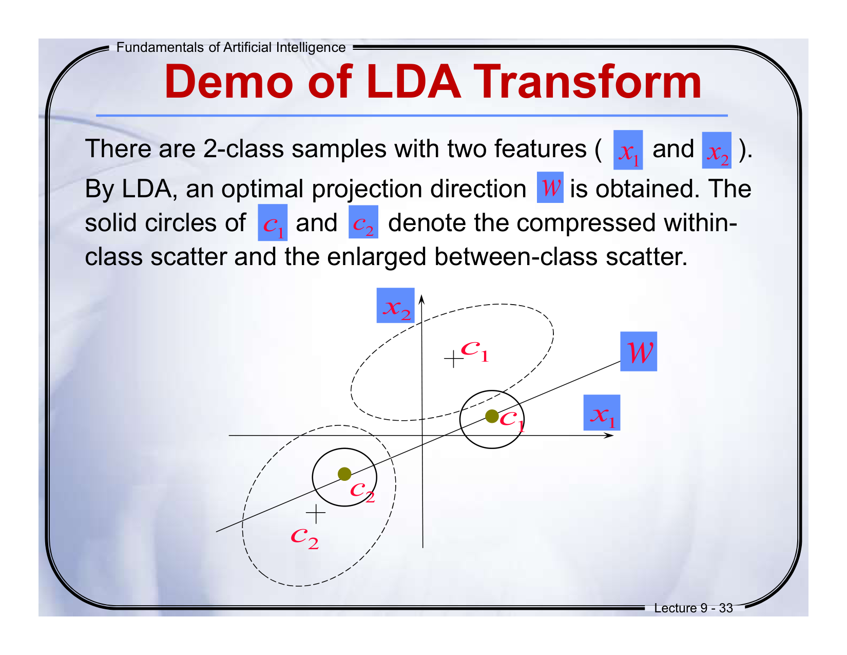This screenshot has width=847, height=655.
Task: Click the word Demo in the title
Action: click(x=229, y=82)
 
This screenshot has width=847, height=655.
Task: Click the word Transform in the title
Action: click(x=587, y=82)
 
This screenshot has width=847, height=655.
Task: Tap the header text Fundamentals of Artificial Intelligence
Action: click(x=231, y=47)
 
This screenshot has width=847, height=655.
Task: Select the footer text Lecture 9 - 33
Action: click(x=693, y=608)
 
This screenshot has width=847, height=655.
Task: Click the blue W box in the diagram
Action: click(x=639, y=351)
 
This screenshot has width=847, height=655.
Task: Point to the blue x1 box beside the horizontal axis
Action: click(x=602, y=413)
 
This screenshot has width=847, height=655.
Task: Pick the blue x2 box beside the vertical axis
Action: click(x=395, y=305)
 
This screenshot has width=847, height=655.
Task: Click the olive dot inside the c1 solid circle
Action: click(x=492, y=416)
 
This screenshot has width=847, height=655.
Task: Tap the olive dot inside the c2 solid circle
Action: click(x=344, y=474)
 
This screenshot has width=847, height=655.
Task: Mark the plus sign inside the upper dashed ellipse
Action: click(x=453, y=359)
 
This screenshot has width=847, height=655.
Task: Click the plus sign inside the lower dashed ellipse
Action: click(x=316, y=513)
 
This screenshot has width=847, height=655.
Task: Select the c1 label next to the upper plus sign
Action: click(x=475, y=351)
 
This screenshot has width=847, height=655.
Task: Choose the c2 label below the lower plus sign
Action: click(x=305, y=539)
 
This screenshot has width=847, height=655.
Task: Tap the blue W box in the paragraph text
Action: click(x=550, y=188)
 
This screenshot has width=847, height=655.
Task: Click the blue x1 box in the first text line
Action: click(x=628, y=150)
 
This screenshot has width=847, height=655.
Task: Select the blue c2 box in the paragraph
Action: click(x=363, y=222)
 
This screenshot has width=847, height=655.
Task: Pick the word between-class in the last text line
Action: click(x=516, y=257)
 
